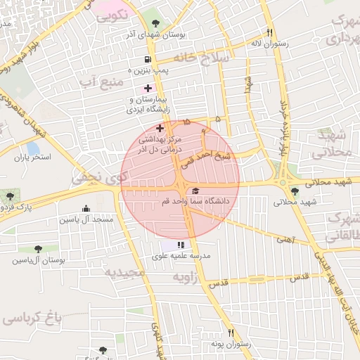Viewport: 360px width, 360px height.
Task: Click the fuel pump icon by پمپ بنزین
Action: (x=147, y=60)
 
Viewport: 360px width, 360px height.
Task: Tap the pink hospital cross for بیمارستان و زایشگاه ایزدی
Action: (x=147, y=89)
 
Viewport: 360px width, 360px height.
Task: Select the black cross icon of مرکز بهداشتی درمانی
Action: (x=160, y=129)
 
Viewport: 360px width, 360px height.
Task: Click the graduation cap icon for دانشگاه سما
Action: (x=195, y=191)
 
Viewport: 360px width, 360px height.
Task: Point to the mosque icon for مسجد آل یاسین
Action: (x=86, y=208)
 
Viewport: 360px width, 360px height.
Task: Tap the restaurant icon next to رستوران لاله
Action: (x=269, y=32)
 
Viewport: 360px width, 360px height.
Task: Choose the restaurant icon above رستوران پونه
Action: (x=230, y=333)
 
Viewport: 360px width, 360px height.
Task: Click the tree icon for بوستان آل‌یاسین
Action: (x=38, y=248)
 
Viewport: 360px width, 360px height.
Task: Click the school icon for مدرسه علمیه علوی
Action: (x=181, y=245)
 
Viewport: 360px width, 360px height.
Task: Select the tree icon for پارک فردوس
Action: (x=9, y=196)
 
